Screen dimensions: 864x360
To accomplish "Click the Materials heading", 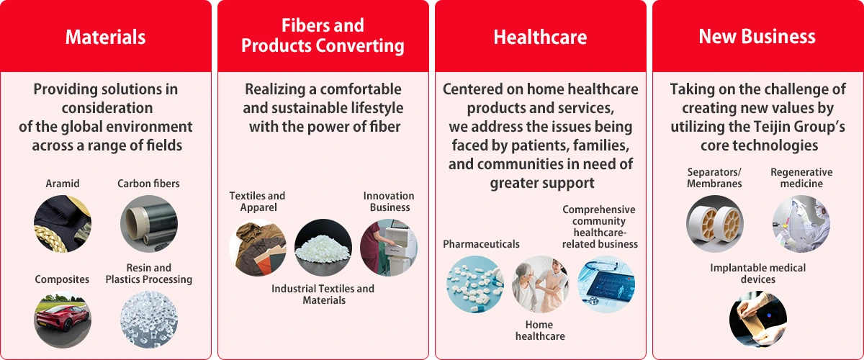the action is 105,37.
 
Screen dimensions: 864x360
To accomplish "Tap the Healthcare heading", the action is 541,37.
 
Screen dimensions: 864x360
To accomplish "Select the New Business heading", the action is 757,37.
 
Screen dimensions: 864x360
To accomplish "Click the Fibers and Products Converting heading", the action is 323,35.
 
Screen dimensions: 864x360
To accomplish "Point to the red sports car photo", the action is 63,320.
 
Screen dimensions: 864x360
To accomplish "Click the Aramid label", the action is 63,184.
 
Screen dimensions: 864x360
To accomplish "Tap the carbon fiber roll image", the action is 149,224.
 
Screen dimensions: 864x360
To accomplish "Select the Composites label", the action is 62,279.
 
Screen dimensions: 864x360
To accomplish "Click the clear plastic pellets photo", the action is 149,320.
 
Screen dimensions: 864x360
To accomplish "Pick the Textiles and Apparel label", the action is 257,202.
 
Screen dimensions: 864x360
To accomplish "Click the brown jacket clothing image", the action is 258,248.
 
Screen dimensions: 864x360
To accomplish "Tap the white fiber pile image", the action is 323,248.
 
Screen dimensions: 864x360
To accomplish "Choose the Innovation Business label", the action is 389,202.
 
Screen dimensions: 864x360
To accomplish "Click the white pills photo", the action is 475,284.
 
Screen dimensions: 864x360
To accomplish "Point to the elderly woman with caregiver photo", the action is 541,284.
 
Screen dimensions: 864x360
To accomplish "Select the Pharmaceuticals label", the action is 481,244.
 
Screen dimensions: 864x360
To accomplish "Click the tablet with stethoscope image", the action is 606,284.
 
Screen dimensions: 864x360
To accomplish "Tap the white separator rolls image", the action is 715,224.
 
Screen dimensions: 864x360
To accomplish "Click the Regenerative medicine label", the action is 801,178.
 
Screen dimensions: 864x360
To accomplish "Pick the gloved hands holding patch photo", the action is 758,320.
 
